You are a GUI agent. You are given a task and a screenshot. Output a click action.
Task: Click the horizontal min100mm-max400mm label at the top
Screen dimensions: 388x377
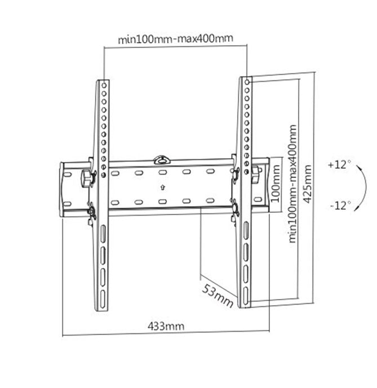pyautogui.click(x=175, y=40)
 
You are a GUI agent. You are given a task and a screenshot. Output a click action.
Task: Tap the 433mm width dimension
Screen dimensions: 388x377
pyautogui.click(x=166, y=325)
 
